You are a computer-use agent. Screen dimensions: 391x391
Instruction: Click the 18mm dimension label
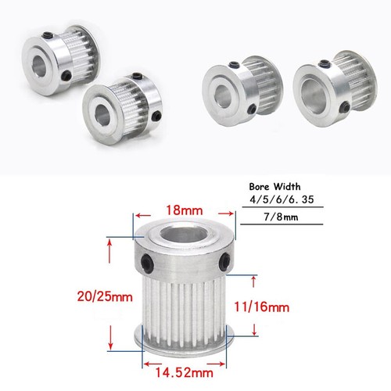(x=185, y=210)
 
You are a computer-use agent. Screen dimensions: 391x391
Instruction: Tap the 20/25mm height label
(x=105, y=296)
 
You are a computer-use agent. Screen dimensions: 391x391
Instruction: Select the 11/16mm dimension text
(x=262, y=307)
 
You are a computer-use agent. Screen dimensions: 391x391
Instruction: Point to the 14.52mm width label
(x=185, y=372)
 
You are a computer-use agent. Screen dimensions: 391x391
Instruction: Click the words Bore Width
(x=274, y=187)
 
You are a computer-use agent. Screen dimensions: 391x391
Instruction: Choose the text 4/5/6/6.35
(x=282, y=199)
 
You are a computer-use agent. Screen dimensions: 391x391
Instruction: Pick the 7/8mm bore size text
(x=281, y=217)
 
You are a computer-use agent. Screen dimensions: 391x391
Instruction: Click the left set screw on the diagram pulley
(x=146, y=264)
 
